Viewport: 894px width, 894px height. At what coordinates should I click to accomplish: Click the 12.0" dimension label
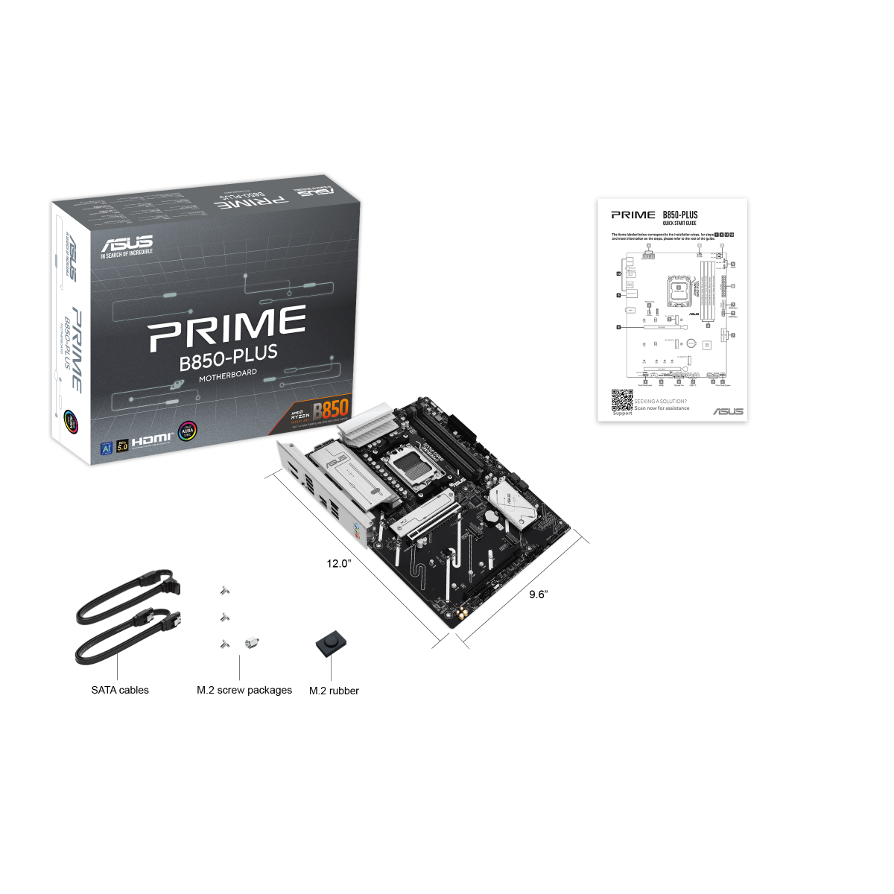tap(338, 564)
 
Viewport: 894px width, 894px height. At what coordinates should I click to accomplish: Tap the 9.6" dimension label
tap(538, 595)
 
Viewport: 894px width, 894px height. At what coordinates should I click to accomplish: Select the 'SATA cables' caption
tap(120, 691)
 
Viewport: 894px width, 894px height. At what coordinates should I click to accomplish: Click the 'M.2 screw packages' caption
tap(244, 691)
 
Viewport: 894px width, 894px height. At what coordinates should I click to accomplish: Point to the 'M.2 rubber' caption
tap(334, 691)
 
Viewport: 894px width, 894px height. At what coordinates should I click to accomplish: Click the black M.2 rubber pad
tap(331, 644)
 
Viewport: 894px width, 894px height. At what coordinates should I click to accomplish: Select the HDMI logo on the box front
tap(151, 440)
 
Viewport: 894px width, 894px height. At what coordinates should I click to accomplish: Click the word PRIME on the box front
tap(227, 328)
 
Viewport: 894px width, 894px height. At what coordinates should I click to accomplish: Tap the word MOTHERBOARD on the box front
tap(228, 374)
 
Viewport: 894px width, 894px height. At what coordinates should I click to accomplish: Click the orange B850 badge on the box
tap(330, 410)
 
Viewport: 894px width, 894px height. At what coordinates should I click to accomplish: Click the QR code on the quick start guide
tap(622, 400)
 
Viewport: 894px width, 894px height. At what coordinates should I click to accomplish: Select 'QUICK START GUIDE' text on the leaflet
tap(679, 223)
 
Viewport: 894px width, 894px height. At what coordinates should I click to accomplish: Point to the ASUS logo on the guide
tap(728, 411)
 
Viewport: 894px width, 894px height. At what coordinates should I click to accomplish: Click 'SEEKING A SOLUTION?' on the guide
tap(661, 402)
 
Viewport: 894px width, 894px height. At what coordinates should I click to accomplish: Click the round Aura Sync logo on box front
tap(187, 432)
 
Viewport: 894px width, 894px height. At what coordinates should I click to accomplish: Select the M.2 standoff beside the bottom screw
tap(251, 642)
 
